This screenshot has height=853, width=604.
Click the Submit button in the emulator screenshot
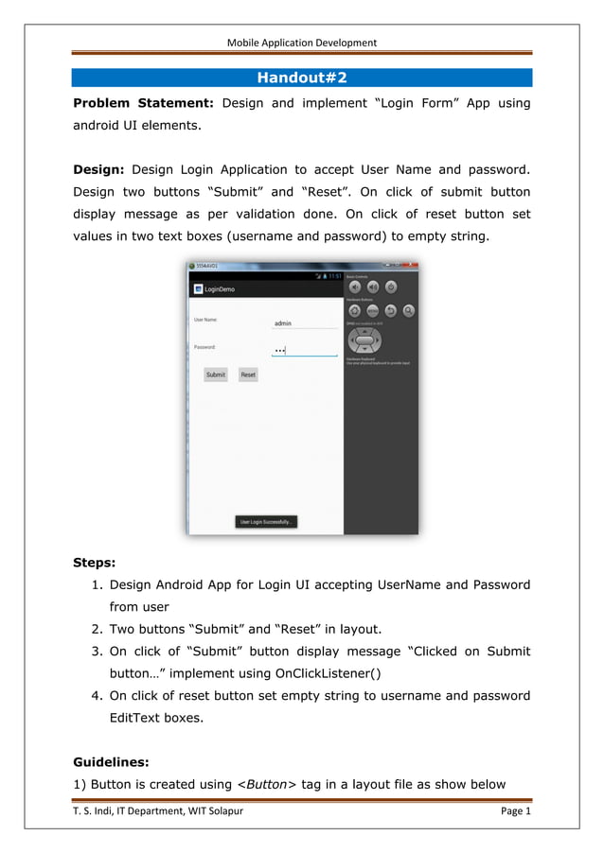(216, 374)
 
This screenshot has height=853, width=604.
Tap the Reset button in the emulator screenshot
(248, 374)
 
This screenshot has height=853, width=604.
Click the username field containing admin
(303, 323)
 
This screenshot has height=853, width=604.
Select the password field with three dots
(303, 350)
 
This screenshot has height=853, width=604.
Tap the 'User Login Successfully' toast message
(266, 521)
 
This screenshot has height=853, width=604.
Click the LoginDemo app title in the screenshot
(220, 289)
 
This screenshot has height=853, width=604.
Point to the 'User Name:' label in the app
(205, 320)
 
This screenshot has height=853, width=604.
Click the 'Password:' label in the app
(204, 347)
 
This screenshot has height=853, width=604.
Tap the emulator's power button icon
(391, 287)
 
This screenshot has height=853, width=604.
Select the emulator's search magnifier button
(408, 310)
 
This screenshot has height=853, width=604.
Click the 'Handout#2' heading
(302, 78)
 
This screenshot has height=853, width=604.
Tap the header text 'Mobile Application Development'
(302, 43)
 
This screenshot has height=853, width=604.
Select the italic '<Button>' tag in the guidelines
(266, 784)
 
